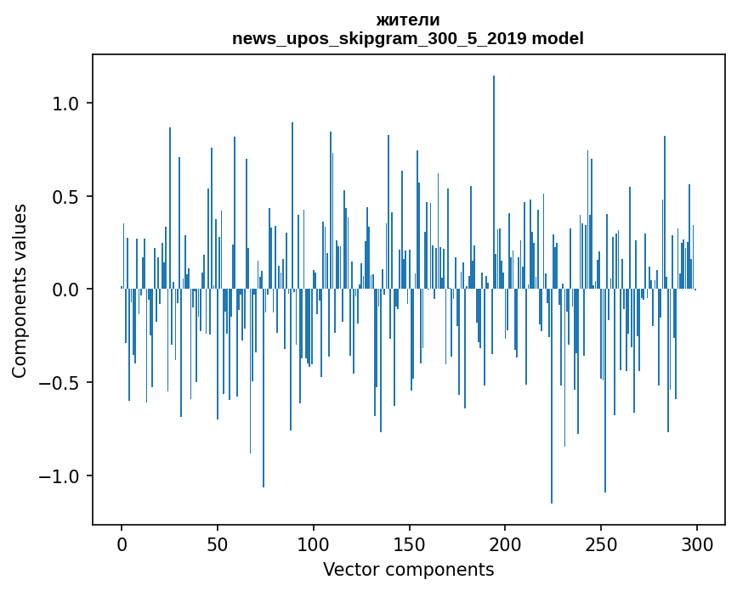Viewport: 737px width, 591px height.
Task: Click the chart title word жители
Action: (x=408, y=20)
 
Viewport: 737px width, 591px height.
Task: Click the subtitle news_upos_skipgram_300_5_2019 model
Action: (x=408, y=39)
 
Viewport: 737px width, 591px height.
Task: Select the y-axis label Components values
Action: (x=20, y=290)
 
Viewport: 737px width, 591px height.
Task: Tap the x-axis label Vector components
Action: (x=408, y=569)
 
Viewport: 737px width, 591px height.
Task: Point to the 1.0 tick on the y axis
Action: (x=66, y=104)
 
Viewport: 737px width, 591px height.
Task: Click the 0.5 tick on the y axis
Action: (x=66, y=197)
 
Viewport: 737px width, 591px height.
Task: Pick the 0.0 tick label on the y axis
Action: (x=66, y=290)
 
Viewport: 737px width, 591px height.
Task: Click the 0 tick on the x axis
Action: (x=122, y=543)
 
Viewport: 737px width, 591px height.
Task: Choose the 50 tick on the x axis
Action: (x=218, y=543)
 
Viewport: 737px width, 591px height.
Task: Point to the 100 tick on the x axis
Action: (x=314, y=543)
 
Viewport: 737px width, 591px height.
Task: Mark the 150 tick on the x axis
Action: (x=410, y=543)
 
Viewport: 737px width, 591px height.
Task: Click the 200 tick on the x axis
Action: (x=506, y=543)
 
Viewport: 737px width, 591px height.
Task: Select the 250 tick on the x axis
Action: (x=602, y=543)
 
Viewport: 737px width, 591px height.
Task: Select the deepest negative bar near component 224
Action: (x=552, y=399)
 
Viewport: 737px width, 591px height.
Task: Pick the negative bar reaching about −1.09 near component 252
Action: (x=605, y=391)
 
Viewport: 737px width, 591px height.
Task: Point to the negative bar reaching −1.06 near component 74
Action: (x=264, y=391)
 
